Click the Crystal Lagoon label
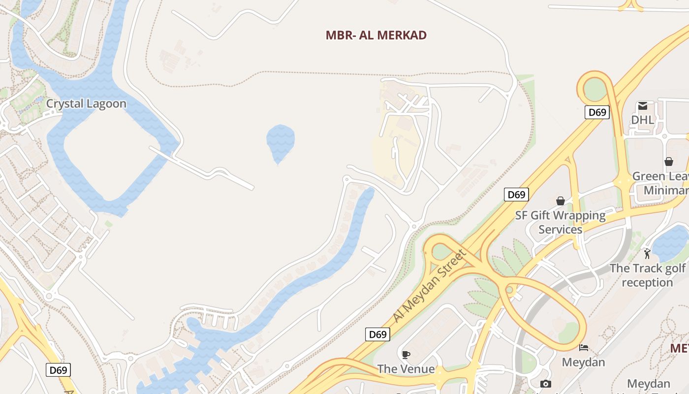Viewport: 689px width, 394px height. click(x=86, y=104)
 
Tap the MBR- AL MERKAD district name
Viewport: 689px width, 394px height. click(x=376, y=35)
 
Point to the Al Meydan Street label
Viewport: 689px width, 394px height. click(x=429, y=287)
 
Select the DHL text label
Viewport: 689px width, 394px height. click(x=643, y=120)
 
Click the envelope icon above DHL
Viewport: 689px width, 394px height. click(x=643, y=106)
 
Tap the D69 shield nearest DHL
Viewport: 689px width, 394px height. click(x=597, y=112)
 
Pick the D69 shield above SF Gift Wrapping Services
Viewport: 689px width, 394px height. click(x=516, y=195)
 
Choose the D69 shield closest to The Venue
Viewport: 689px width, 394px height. click(x=377, y=334)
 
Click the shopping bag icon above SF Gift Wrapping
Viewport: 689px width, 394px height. click(x=561, y=201)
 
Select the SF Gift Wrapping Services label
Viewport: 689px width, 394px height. click(x=560, y=222)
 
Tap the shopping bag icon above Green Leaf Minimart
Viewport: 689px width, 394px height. click(x=669, y=162)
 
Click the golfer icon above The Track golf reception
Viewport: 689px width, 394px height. click(x=647, y=254)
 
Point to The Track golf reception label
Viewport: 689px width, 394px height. click(x=647, y=275)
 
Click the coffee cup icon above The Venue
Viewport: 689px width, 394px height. click(x=406, y=355)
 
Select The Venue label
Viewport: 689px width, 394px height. click(x=406, y=369)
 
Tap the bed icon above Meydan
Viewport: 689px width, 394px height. click(x=584, y=347)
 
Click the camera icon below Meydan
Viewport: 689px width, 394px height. click(x=545, y=384)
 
